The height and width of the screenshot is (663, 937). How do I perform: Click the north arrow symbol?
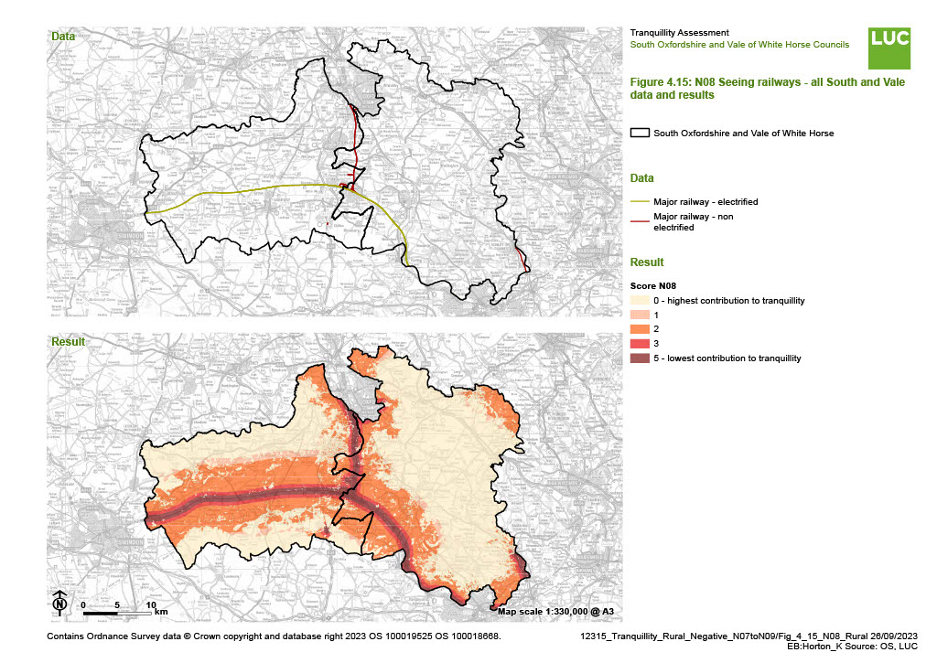[59, 603]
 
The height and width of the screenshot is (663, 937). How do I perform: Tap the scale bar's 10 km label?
[151, 605]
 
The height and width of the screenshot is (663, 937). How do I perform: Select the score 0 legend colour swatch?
[641, 301]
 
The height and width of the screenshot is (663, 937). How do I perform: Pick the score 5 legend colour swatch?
[641, 358]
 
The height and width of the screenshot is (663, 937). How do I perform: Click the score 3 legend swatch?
[641, 343]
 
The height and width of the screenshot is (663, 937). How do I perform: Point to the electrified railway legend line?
[641, 201]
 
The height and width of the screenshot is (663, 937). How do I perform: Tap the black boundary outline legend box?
[641, 134]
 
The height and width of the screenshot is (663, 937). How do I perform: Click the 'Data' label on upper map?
[63, 37]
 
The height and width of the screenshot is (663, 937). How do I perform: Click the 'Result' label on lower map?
[67, 342]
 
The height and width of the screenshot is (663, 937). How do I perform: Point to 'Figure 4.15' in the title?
[660, 81]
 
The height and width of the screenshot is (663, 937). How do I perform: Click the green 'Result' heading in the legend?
[648, 262]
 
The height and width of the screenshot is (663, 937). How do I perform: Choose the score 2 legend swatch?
[641, 329]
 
